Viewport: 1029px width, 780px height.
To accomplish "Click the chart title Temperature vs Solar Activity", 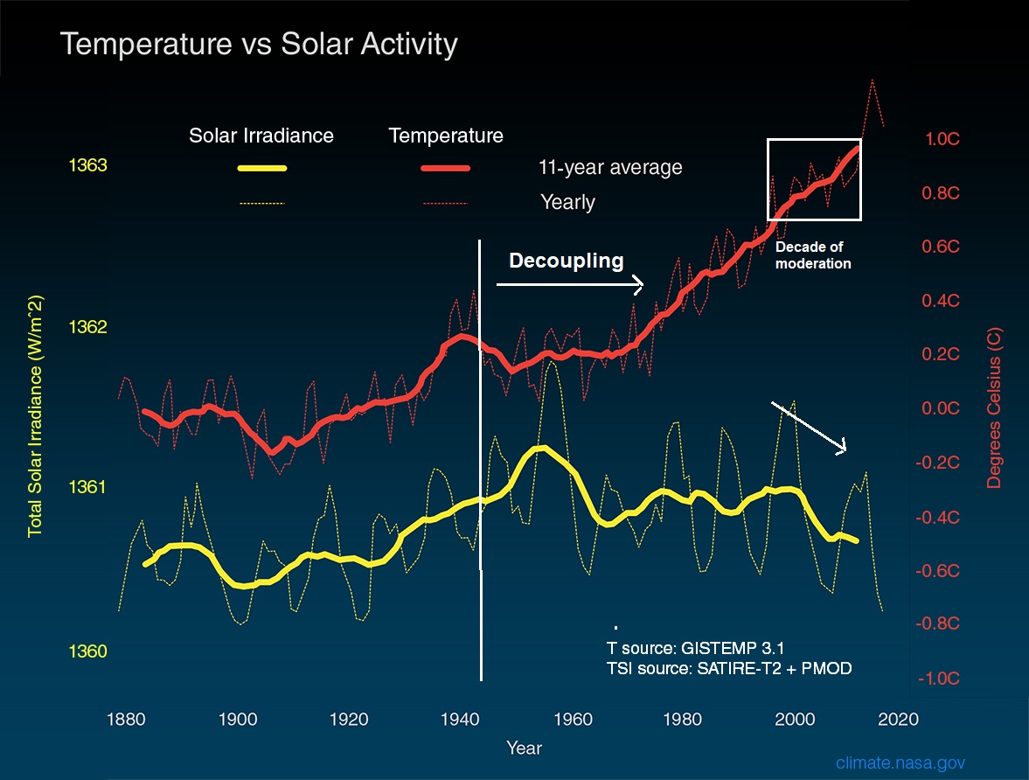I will [x=259, y=45].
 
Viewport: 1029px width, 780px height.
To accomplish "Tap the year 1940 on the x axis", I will [x=459, y=719].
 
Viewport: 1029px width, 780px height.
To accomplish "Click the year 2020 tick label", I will [x=900, y=719].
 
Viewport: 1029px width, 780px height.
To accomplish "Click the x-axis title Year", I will [x=524, y=749].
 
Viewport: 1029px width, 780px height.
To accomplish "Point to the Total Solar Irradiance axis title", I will [x=36, y=416].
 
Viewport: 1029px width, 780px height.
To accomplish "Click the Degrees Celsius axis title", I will [x=996, y=407].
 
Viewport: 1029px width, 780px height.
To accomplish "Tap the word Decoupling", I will [x=567, y=260].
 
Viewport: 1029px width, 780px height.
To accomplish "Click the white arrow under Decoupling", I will [x=569, y=284].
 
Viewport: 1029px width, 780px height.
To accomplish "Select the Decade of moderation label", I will [x=813, y=255].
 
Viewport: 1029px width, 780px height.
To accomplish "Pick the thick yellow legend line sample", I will [x=261, y=168].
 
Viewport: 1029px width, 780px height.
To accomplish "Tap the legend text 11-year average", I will [x=610, y=167].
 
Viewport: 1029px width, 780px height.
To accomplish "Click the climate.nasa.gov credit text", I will [x=900, y=763].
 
